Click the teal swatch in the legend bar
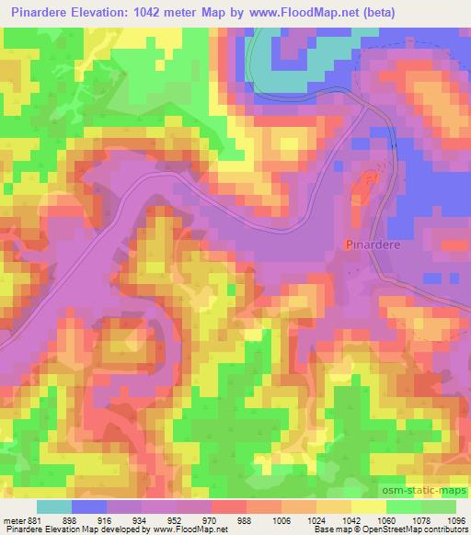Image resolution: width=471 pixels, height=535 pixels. (54, 507)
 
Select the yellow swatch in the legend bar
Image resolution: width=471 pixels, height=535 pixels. (367, 507)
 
